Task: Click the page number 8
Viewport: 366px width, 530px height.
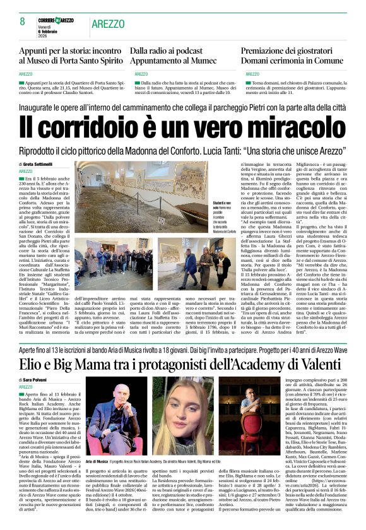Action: point(22,22)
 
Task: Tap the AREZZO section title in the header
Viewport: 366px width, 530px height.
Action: point(108,23)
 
